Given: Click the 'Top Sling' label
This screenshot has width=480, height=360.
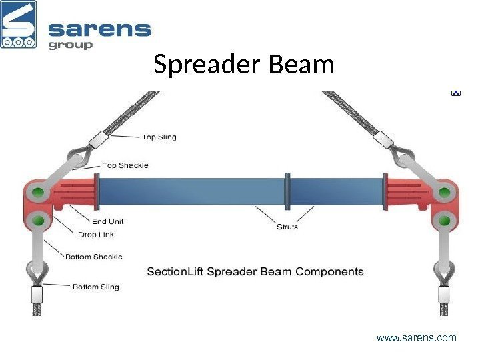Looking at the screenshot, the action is pyautogui.click(x=159, y=137).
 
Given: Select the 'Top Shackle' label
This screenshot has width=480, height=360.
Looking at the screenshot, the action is pyautogui.click(x=125, y=165).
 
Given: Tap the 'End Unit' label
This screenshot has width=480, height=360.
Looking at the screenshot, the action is pyautogui.click(x=107, y=221).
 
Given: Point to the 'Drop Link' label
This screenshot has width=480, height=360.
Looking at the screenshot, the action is pyautogui.click(x=96, y=235).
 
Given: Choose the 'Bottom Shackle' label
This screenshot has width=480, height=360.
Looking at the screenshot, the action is pyautogui.click(x=93, y=256).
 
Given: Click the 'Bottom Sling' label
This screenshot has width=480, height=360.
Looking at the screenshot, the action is pyautogui.click(x=95, y=287).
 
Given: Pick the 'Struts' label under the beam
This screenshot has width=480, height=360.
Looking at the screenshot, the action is pyautogui.click(x=287, y=227).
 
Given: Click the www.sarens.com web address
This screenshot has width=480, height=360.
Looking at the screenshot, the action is pyautogui.click(x=417, y=338).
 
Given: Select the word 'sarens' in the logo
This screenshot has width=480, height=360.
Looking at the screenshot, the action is pyautogui.click(x=100, y=30).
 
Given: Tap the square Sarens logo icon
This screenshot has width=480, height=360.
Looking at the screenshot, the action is pyautogui.click(x=19, y=25).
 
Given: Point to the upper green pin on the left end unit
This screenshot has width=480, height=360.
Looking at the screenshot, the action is pyautogui.click(x=38, y=194).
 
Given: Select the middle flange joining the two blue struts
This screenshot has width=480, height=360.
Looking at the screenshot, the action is pyautogui.click(x=287, y=191).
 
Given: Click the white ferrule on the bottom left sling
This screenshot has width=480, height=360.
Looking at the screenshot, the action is pyautogui.click(x=37, y=293).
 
